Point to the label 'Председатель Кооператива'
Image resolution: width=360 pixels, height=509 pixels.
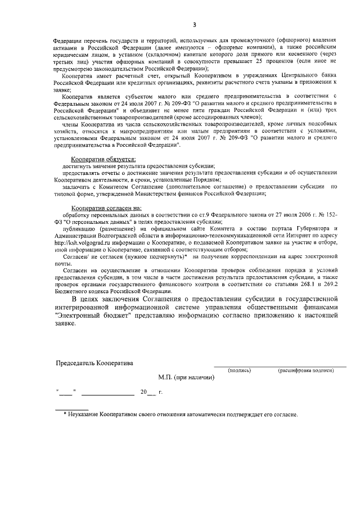pos(94,363)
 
